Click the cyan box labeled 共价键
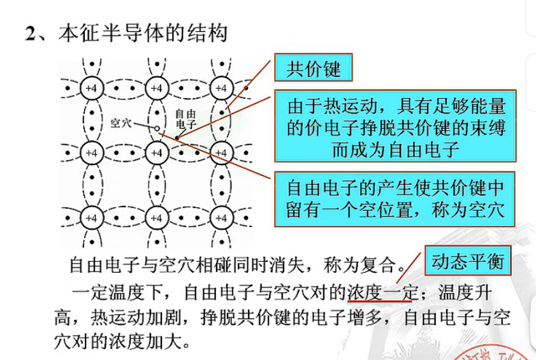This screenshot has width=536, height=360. coord(313,68)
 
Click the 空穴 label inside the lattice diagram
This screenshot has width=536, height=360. coord(120,122)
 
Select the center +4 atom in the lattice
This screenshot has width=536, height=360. coord(156,153)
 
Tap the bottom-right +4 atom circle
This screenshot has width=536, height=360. coord(221,217)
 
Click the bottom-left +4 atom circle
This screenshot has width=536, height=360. coord(92,217)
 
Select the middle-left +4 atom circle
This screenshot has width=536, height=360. coord(92,153)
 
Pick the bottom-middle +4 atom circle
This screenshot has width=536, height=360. coord(156,217)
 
